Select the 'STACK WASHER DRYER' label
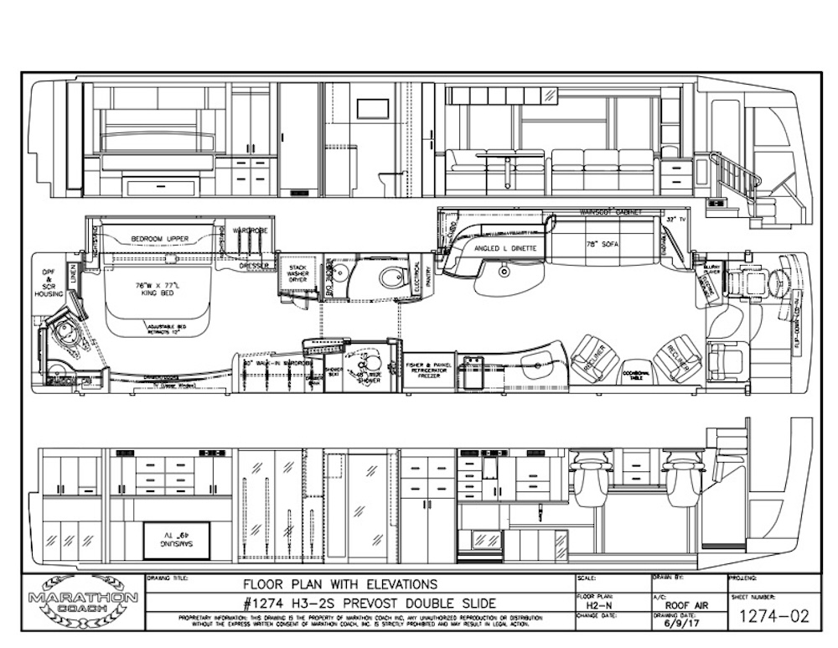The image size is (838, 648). coord(297,270)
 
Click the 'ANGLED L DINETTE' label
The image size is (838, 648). coord(500,248)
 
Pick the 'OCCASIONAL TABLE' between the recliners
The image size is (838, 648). coord(638,377)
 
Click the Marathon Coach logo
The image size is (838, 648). coord(84,602)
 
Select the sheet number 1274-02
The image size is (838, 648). coord(770,616)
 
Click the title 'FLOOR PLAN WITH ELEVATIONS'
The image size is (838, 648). coord(340,584)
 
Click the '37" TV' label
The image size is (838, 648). coord(670,219)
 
